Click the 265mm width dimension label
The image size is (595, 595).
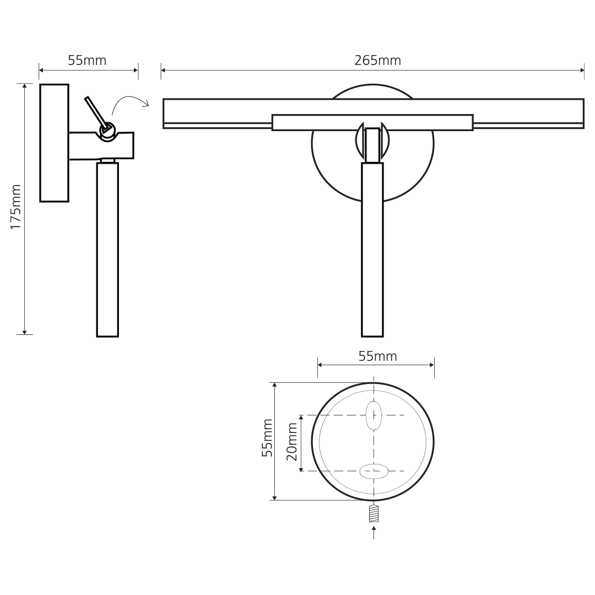click(x=377, y=61)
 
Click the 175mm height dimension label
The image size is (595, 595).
click(x=15, y=207)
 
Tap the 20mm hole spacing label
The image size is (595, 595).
click(x=292, y=441)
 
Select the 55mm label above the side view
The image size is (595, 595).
click(x=87, y=61)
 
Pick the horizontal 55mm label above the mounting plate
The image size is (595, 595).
click(x=377, y=356)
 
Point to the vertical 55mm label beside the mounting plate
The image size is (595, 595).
click(x=267, y=438)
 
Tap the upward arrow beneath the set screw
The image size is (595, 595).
click(x=374, y=532)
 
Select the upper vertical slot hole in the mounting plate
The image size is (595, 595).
click(x=374, y=415)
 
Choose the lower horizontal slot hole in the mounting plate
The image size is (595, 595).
click(x=374, y=471)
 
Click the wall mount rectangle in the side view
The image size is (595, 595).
click(x=54, y=143)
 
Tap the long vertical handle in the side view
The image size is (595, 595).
click(x=108, y=250)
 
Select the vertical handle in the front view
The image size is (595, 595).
click(x=372, y=250)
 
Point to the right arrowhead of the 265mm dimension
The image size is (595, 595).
click(x=582, y=70)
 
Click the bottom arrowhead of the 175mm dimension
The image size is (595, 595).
click(x=25, y=332)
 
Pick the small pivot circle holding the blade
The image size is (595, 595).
click(x=107, y=131)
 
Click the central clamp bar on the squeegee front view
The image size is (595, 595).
click(x=372, y=122)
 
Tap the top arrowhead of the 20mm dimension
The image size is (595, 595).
click(x=301, y=418)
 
